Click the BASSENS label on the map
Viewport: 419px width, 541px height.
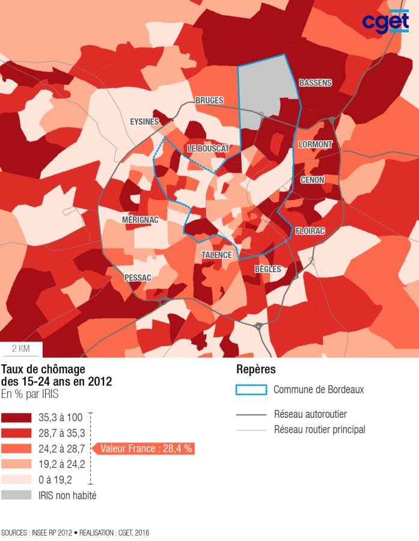pyautogui.click(x=315, y=83)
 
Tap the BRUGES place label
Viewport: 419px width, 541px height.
pyautogui.click(x=209, y=100)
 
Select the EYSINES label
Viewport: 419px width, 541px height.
pyautogui.click(x=144, y=121)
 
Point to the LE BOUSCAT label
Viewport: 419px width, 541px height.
pyautogui.click(x=207, y=148)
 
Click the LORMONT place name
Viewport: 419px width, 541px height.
pyautogui.click(x=315, y=144)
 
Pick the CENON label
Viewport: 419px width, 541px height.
pyautogui.click(x=312, y=180)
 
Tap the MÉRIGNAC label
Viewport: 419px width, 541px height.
pyautogui.click(x=140, y=220)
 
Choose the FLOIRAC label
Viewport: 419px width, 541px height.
pyautogui.click(x=310, y=231)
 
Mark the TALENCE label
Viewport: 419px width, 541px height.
pyautogui.click(x=216, y=255)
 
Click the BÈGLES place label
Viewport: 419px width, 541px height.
pyautogui.click(x=268, y=269)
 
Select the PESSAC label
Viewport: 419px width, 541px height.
pyautogui.click(x=138, y=278)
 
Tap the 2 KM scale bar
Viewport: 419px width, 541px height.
pyautogui.click(x=21, y=349)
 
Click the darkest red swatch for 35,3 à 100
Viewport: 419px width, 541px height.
pyautogui.click(x=17, y=417)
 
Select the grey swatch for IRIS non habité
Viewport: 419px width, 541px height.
pyautogui.click(x=17, y=495)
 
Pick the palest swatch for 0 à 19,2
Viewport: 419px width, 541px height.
pyautogui.click(x=17, y=480)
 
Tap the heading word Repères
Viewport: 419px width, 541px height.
pyautogui.click(x=256, y=369)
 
